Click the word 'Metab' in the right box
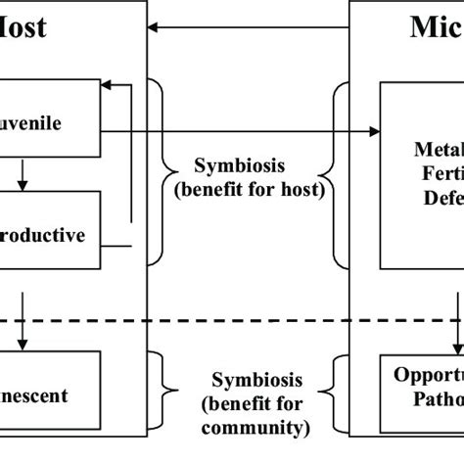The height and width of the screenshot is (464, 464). coord(436,149)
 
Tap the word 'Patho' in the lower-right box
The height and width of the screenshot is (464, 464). coord(435,399)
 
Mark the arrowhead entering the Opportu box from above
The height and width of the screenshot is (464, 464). coord(456,348)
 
